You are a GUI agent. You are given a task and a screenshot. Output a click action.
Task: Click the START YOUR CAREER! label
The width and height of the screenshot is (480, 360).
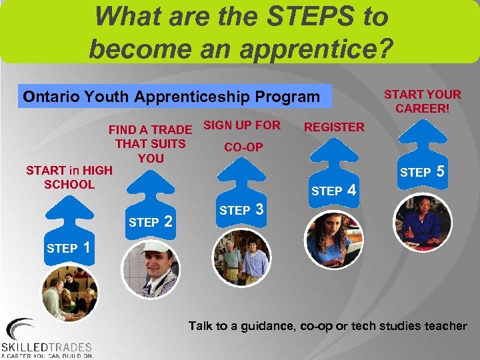[x=423, y=101]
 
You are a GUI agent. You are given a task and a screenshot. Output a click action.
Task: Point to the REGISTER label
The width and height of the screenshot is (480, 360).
[x=334, y=127]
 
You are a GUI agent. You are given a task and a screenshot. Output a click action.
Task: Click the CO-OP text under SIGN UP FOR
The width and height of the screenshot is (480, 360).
[x=243, y=147]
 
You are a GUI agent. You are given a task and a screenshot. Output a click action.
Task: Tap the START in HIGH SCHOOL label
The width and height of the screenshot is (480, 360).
[x=69, y=177]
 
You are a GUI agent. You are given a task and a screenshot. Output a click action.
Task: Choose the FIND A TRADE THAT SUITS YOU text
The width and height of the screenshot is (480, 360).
[x=150, y=143]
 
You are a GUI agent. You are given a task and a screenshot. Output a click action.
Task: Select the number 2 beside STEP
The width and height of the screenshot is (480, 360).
[x=169, y=221]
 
